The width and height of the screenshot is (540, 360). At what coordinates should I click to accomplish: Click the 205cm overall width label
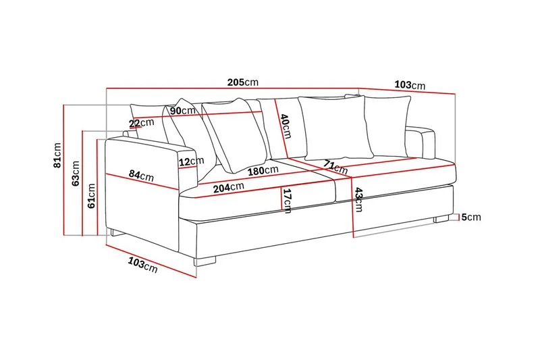(x=242, y=82)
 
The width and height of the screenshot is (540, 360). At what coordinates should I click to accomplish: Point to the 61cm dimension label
(x=91, y=196)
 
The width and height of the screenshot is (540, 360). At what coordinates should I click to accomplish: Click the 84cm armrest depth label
(x=141, y=176)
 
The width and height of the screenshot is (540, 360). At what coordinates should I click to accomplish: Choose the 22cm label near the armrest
(x=142, y=123)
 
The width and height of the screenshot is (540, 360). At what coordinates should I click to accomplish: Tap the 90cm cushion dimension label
(x=182, y=110)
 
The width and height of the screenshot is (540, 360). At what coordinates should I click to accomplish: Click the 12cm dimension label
(x=192, y=161)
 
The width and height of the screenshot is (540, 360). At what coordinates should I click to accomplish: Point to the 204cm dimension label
(x=229, y=187)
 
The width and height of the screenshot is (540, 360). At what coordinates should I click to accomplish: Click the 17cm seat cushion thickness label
(x=287, y=201)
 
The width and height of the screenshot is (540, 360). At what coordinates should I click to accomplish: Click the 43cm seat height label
(x=358, y=200)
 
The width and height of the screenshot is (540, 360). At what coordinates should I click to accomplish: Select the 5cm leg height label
(x=472, y=217)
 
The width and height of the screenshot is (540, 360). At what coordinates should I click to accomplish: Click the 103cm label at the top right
(x=410, y=86)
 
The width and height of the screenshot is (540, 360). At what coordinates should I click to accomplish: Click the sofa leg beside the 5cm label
(x=441, y=218)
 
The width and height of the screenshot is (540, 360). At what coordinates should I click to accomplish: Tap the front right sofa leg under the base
(x=205, y=261)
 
